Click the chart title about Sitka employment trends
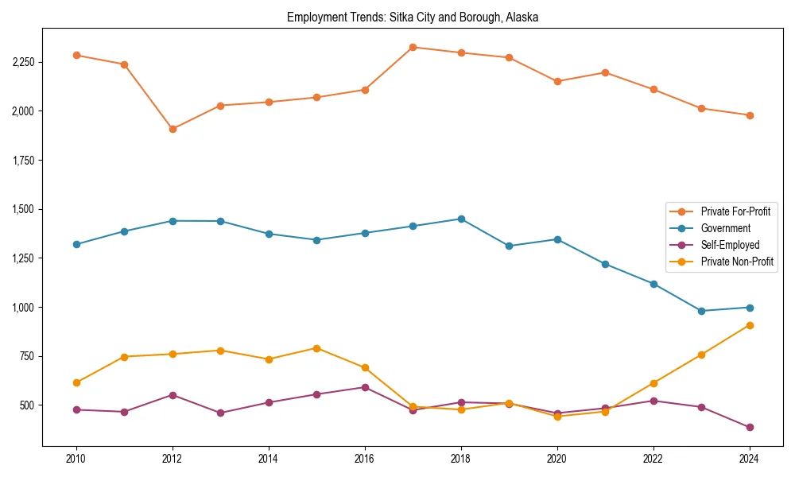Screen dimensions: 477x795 point(413,17)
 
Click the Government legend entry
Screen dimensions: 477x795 point(725,228)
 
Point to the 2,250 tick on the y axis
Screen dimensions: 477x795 point(22,62)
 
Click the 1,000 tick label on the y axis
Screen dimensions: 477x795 point(22,308)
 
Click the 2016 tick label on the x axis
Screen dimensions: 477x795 point(365,459)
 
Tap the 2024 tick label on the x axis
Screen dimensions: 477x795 point(750,459)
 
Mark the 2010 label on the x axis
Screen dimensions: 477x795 point(76,459)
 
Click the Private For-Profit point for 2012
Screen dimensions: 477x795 point(173,129)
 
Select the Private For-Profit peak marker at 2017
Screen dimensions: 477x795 point(413,47)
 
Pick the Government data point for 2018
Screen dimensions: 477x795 point(461,219)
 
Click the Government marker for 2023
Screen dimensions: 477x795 point(701,311)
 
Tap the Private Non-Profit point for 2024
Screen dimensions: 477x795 point(750,325)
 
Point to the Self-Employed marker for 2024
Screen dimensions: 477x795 point(750,428)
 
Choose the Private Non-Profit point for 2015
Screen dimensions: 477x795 point(316,348)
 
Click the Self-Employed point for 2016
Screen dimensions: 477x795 point(365,387)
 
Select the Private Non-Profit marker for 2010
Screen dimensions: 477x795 point(76,382)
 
